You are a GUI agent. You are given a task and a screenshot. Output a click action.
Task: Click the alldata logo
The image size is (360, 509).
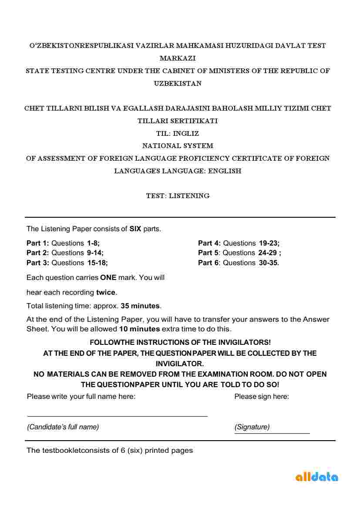coord(316,477)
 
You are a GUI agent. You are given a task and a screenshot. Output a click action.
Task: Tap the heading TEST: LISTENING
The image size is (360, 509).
coord(178,196)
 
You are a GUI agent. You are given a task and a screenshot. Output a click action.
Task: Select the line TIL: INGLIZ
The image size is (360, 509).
coord(178,133)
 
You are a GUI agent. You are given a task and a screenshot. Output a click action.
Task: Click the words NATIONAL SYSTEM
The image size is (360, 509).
coord(178,146)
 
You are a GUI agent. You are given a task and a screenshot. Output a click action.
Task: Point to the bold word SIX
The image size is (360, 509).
coord(135,229)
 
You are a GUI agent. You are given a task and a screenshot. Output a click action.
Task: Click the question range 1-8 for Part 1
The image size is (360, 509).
coord(93,243)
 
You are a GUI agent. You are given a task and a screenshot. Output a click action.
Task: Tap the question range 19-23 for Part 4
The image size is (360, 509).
coord(269,243)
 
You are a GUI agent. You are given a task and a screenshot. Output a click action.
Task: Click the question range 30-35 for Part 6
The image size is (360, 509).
coord(269,263)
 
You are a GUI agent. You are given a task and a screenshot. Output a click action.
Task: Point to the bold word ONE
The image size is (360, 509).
coord(108,277)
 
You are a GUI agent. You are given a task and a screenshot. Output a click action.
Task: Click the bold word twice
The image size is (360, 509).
coord(106,292)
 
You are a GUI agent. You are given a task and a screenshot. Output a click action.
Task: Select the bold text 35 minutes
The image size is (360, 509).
coord(140,306)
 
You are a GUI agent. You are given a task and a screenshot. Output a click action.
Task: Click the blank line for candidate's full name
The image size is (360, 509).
coord(117,416)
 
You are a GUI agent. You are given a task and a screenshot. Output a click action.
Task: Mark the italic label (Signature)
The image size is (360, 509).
coord(252,427)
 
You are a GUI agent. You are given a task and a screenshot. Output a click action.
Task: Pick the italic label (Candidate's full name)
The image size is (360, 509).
coord(63,427)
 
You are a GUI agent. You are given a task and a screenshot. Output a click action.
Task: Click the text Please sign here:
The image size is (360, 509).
coord(262,396)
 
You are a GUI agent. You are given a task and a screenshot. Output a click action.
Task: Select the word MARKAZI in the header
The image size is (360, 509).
coord(178,58)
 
